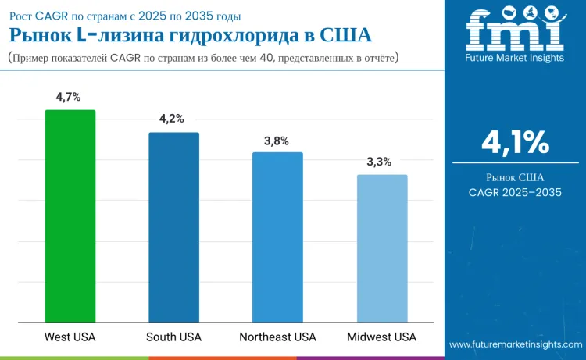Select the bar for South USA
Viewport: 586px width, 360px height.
coord(173,226)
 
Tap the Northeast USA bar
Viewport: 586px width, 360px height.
coord(277,236)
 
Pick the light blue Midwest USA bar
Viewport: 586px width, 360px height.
coord(382,248)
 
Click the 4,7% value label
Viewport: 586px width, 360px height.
coord(69,97)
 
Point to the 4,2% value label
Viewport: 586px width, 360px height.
coord(172,119)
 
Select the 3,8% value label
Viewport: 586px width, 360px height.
coord(277,141)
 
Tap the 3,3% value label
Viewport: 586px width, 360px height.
coord(381,162)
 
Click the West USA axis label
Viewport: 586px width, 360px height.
coord(70,337)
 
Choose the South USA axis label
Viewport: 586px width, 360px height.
coord(173,337)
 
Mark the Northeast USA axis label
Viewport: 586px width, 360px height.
coord(277,337)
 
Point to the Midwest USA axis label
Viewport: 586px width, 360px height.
coord(382,337)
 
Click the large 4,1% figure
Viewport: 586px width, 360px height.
coord(515,142)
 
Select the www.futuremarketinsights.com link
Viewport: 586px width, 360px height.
coord(515,344)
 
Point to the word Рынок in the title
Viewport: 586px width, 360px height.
coord(38,36)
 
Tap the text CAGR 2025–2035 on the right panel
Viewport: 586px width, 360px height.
coord(515,192)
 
